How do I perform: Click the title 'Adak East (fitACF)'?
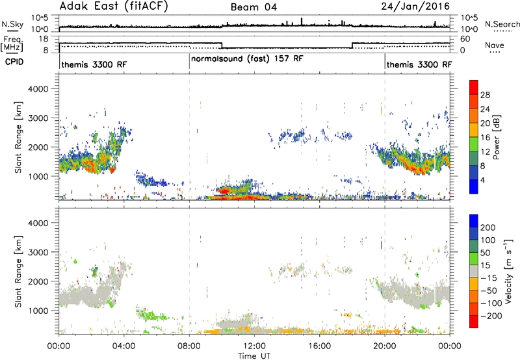[x=114, y=6]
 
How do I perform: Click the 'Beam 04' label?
[x=253, y=7]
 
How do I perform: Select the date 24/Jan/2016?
[x=415, y=6]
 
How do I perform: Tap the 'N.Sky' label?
[x=12, y=24]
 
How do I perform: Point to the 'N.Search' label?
[x=502, y=24]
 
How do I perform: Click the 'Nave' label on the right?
[x=495, y=45]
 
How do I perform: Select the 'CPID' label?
[x=14, y=62]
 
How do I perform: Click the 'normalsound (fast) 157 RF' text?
[x=247, y=58]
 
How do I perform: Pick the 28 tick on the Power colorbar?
[x=485, y=95]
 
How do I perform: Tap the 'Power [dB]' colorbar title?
[x=496, y=137]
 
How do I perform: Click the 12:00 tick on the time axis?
[x=254, y=346]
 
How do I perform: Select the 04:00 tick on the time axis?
[x=124, y=346]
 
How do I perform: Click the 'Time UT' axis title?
[x=254, y=355]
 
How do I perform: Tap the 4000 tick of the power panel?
[x=38, y=89]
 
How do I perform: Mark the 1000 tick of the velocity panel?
[x=38, y=311]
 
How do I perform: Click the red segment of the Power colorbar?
[x=474, y=88]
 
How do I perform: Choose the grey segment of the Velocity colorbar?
[x=474, y=271]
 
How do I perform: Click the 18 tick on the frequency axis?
[x=44, y=39]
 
